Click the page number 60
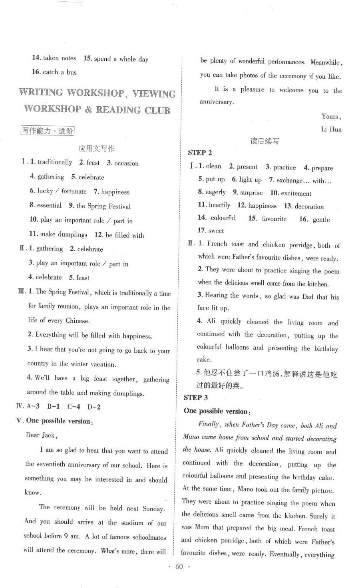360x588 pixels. click(179, 567)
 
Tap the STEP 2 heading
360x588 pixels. click(200, 153)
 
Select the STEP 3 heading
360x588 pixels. click(196, 397)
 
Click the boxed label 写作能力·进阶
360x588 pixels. click(48, 131)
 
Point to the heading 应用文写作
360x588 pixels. click(96, 149)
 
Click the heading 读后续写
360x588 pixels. click(264, 141)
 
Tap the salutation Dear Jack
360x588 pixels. click(42, 435)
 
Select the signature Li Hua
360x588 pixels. click(331, 129)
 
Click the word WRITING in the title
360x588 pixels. click(41, 93)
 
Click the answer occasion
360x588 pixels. click(126, 163)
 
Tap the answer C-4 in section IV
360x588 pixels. click(74, 407)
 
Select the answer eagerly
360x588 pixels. click(215, 192)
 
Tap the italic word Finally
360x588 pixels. click(209, 424)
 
